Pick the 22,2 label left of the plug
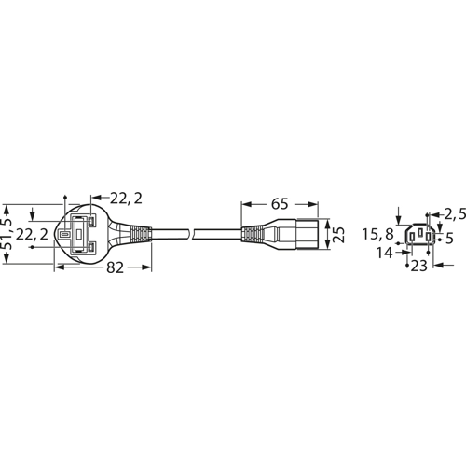[x=30, y=235]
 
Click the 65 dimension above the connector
[x=279, y=202]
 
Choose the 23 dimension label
[x=419, y=267]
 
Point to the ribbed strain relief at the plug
[x=135, y=233]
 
